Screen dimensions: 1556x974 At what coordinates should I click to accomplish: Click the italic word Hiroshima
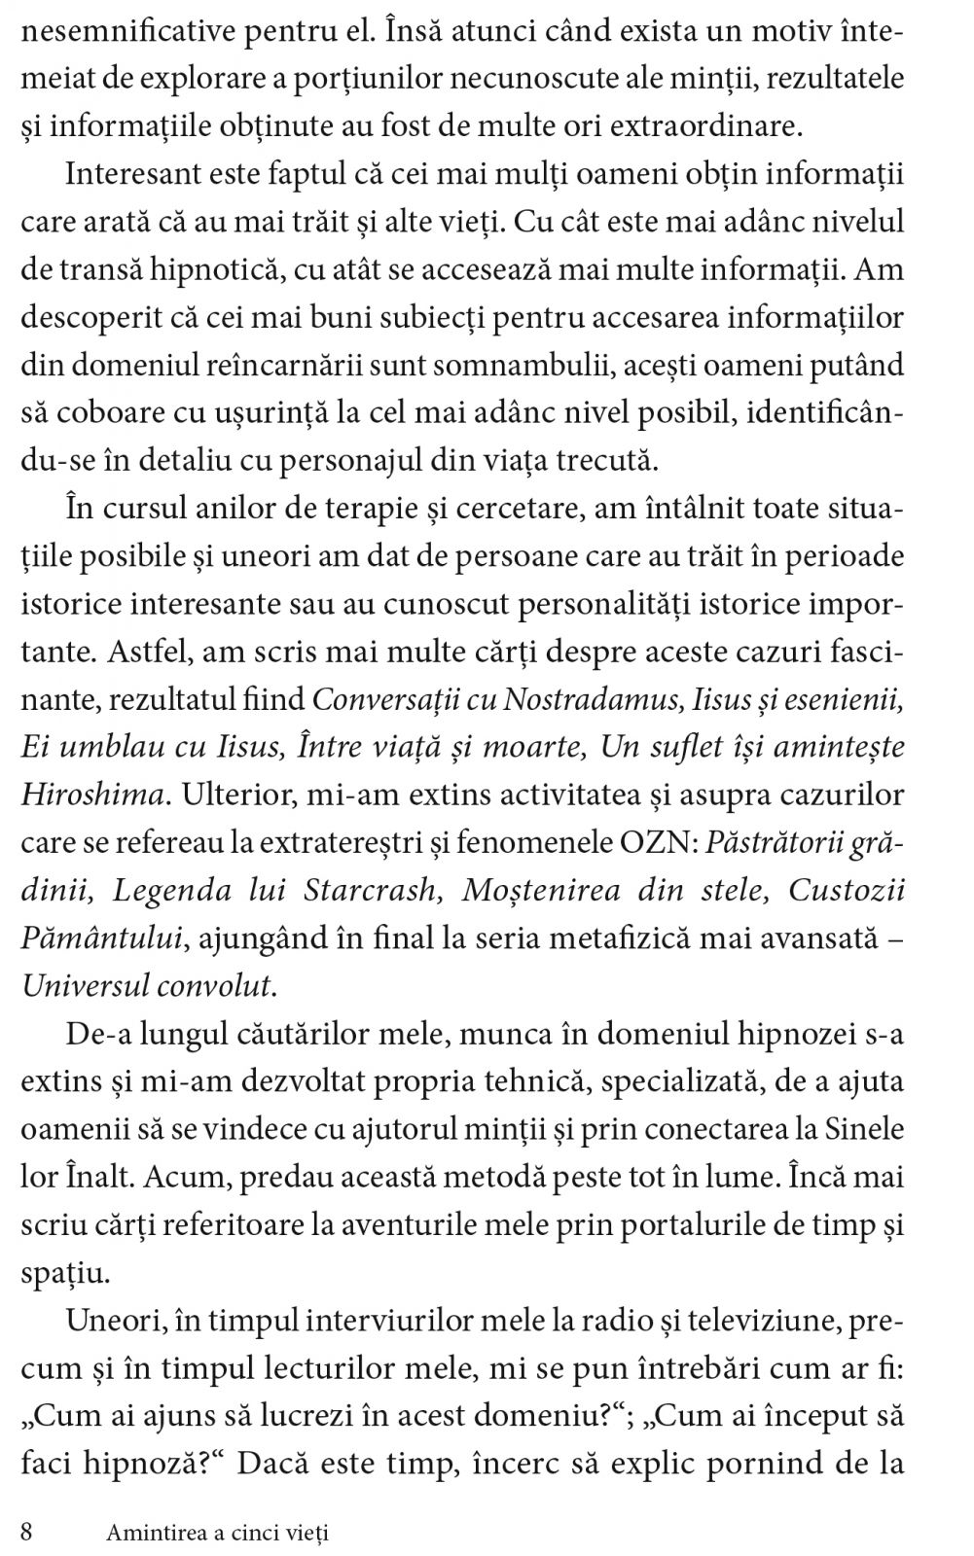click(91, 795)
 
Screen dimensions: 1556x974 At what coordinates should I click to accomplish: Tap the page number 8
click(27, 1533)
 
